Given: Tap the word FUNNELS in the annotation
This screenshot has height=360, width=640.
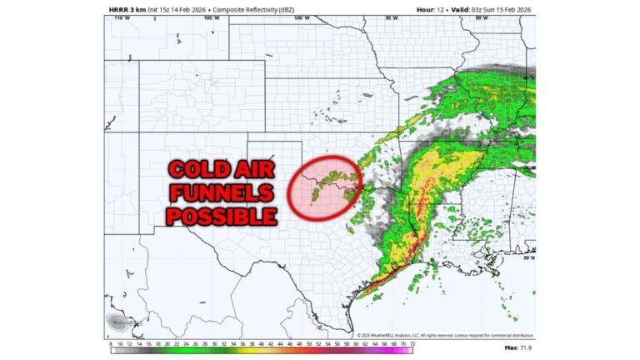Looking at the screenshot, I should point(220,194).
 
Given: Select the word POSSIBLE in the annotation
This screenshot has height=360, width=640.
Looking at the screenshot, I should point(220,217).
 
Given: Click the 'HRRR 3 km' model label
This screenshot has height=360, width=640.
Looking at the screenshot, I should point(126,9).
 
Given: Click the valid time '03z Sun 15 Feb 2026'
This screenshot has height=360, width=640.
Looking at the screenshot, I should point(501,9).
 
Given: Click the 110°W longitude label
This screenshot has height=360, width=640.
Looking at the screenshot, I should point(122,18).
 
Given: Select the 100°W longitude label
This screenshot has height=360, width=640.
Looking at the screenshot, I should point(301,18).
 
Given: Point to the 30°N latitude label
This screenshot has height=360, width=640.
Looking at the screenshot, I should point(527,258).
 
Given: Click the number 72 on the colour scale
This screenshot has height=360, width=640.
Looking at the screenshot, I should point(410,342).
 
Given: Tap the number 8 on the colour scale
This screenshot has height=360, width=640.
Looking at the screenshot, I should point(111,342).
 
